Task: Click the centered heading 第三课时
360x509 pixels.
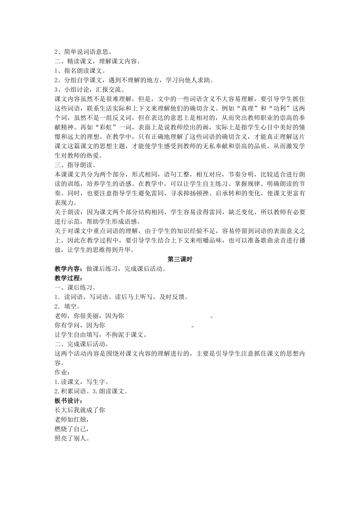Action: (x=180, y=259)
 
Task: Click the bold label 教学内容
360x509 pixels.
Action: (x=67, y=269)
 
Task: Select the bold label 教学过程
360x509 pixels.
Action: (x=67, y=278)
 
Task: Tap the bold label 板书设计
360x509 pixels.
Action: (x=67, y=401)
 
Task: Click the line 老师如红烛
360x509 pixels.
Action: (x=72, y=420)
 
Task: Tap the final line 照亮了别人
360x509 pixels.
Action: (x=72, y=439)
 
